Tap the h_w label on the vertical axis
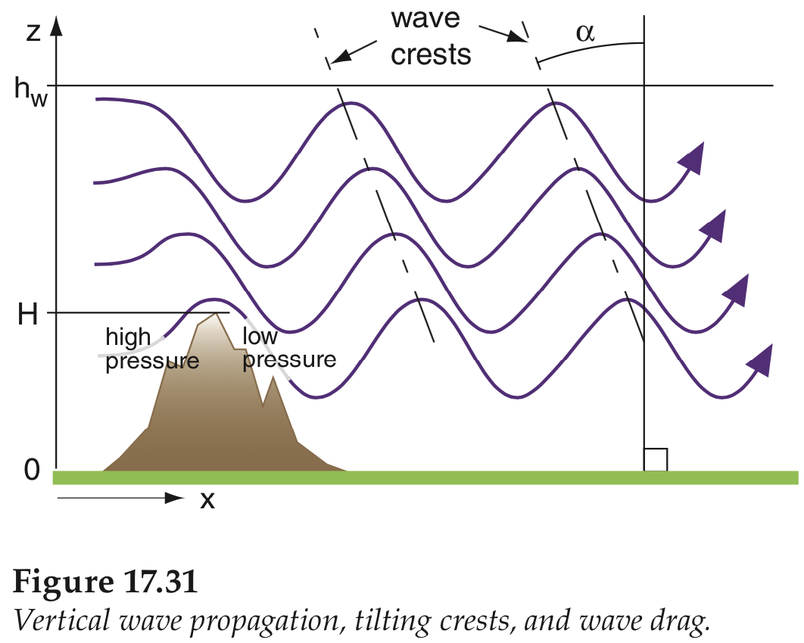pyautogui.click(x=31, y=92)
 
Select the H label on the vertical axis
pyautogui.click(x=28, y=314)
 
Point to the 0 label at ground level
pyautogui.click(x=32, y=469)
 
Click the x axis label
pyautogui.click(x=207, y=499)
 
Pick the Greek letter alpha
pyautogui.click(x=585, y=34)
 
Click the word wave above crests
pyautogui.click(x=425, y=19)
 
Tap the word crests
pyautogui.click(x=431, y=55)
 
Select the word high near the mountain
pyautogui.click(x=128, y=338)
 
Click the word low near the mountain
pyautogui.click(x=260, y=337)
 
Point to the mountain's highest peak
pyautogui.click(x=217, y=314)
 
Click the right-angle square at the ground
pyautogui.click(x=656, y=460)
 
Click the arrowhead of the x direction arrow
pyautogui.click(x=174, y=498)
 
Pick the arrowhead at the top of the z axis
pyautogui.click(x=57, y=26)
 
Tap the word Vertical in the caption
pyautogui.click(x=62, y=620)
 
